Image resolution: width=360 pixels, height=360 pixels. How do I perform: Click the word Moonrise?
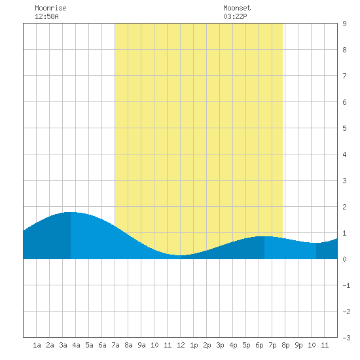coord(50,8)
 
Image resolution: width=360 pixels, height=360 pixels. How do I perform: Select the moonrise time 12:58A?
coord(46,16)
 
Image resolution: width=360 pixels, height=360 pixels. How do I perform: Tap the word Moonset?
coord(237,8)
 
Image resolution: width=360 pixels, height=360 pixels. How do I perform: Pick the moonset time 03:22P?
coord(235,16)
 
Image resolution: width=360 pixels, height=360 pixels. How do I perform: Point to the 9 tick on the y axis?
coord(344,24)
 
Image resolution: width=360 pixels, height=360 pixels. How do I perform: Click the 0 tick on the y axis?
coord(344,259)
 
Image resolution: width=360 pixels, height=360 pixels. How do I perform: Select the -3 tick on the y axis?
coord(346,338)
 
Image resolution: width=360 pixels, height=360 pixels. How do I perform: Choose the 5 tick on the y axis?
coord(344,128)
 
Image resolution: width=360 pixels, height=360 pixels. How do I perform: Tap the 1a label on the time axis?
coord(37,345)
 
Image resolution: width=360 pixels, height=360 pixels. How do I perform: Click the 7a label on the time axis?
coord(115,345)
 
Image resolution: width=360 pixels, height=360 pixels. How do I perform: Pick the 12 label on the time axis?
coord(181,345)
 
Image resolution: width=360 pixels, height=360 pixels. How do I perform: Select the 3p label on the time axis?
coord(220,345)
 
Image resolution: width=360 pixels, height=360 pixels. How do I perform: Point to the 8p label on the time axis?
coord(285,345)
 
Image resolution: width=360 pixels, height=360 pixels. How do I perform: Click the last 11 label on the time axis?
coord(325,345)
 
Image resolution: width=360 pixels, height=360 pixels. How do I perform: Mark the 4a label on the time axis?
coord(76,345)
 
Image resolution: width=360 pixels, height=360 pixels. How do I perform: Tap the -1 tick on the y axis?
coord(346,285)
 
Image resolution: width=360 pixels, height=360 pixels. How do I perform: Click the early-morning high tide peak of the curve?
coord(71,212)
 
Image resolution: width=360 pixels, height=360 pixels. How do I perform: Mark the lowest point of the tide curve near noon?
coord(181,255)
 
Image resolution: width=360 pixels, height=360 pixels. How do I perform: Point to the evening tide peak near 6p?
coord(264,236)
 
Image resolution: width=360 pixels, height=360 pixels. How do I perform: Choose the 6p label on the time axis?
coord(259,345)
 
